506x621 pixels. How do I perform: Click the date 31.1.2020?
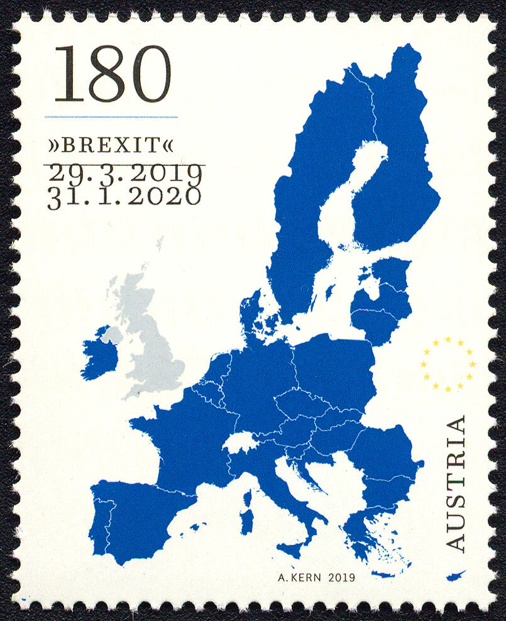(x=124, y=196)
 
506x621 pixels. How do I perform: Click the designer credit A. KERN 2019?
(x=316, y=576)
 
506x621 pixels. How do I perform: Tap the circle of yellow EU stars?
(x=448, y=364)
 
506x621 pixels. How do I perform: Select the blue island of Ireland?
(x=99, y=355)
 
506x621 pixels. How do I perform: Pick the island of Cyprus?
(x=455, y=576)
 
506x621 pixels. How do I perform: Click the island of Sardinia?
(x=247, y=521)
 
